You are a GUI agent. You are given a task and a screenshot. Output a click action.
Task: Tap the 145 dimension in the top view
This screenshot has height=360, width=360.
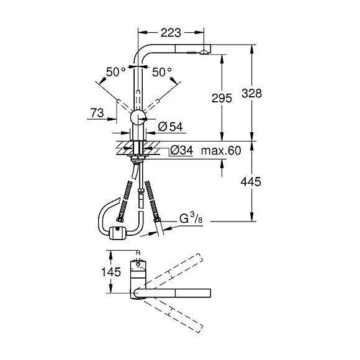94,272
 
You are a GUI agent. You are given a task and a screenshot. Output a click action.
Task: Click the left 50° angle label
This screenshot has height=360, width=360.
115,72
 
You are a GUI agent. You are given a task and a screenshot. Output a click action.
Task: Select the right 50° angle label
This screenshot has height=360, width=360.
162,72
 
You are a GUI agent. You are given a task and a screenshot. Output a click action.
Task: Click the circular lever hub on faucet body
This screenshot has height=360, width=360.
138,118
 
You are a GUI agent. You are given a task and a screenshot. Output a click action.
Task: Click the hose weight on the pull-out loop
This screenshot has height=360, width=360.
115,233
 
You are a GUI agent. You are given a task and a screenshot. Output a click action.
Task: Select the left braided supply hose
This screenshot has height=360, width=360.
125,198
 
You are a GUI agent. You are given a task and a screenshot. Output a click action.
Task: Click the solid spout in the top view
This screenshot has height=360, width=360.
180,293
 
